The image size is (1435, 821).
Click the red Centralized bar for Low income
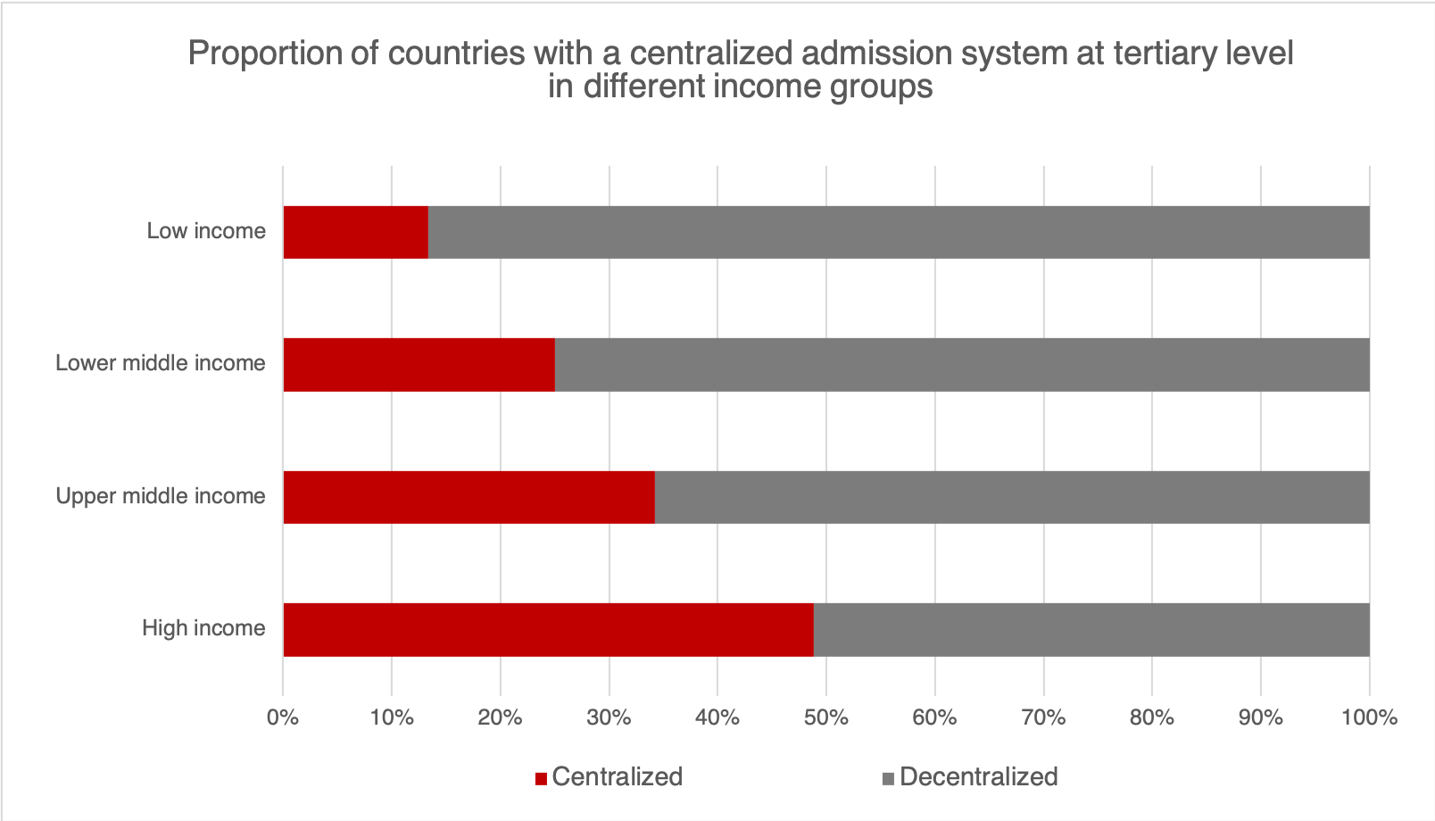point(355,232)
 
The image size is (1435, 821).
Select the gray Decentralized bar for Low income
point(899,232)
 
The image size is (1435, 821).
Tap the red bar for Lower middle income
point(419,364)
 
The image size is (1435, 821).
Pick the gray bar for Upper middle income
point(1012,496)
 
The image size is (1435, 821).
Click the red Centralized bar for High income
point(548,629)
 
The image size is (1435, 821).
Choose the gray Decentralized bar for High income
point(1091,629)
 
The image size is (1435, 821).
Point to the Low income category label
point(206,231)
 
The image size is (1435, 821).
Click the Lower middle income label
point(161,363)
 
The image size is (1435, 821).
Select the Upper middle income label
point(161,496)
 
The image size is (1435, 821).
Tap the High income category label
point(203,628)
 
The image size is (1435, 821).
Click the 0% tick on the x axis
point(283,717)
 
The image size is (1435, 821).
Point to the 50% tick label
point(826,717)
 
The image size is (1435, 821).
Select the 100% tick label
point(1369,717)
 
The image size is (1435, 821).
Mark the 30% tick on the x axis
point(610,717)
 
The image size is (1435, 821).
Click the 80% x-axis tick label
point(1152,717)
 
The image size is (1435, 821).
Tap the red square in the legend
point(541,778)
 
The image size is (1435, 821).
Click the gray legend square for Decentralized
point(888,778)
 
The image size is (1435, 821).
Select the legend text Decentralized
point(978,777)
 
